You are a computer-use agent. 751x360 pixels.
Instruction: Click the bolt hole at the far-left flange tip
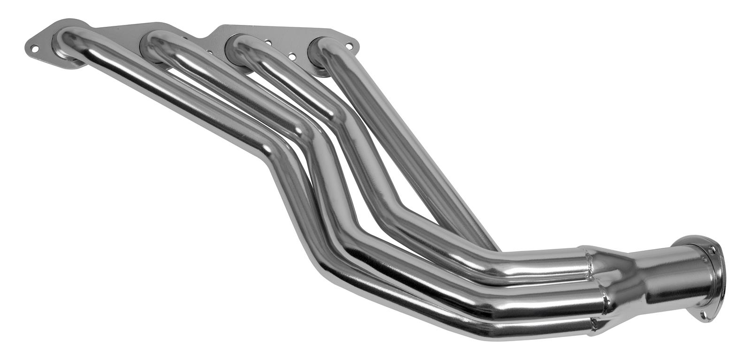(34, 48)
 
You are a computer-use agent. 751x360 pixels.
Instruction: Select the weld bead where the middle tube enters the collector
(603, 296)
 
